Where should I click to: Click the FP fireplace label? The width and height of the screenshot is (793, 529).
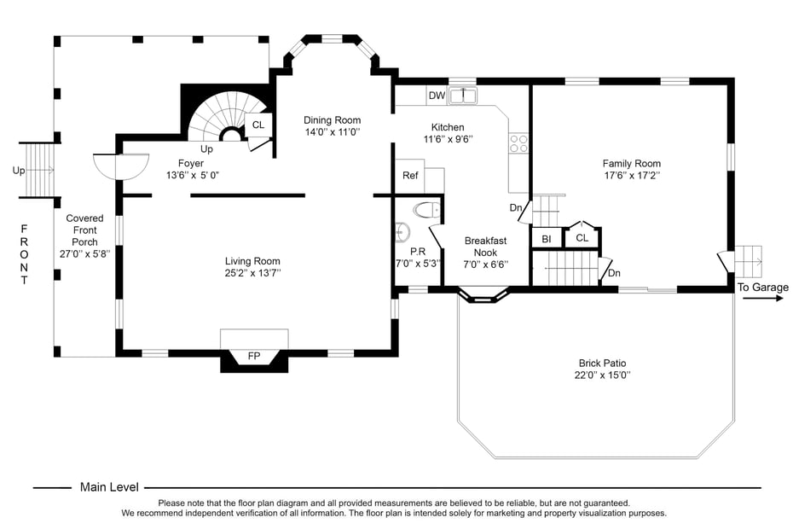253,355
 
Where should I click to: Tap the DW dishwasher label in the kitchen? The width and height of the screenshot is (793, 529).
437,96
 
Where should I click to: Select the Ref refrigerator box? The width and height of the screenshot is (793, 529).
410,176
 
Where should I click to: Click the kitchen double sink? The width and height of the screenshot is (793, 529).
463,96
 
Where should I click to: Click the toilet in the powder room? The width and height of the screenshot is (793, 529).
425,209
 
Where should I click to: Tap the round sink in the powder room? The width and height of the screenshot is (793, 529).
402,232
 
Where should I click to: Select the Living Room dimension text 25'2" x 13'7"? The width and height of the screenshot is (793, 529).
252,273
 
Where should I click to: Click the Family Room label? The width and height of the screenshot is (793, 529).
631,164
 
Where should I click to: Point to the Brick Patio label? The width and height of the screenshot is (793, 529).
602,363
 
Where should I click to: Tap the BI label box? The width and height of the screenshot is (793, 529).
547,239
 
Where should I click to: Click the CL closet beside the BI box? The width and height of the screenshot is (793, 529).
582,238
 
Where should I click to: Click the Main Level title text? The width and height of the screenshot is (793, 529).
109,487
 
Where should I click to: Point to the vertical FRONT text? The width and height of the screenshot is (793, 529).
24,254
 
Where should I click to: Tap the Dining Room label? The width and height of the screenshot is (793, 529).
333,120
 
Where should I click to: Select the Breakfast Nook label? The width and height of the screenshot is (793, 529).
485,247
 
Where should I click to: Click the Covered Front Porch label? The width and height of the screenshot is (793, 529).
84,230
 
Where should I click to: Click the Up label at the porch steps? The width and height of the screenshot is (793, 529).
19,171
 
